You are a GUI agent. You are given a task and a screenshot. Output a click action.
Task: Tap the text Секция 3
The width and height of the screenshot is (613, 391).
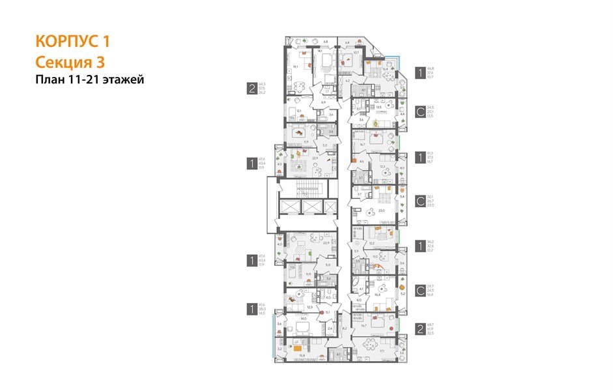point(70,62)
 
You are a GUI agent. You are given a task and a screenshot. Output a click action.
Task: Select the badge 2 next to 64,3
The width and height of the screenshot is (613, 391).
point(251,89)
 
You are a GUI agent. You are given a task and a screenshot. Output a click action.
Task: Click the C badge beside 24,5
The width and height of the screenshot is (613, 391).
point(421,112)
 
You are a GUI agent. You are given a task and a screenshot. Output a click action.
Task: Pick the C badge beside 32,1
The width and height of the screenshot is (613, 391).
point(421,201)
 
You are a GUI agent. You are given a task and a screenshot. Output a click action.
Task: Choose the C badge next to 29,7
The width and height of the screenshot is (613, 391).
point(421,289)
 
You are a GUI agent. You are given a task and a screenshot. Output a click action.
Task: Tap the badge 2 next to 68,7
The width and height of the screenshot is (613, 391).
point(421,329)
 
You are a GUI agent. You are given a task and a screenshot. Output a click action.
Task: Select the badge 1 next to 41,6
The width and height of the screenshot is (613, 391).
point(251,308)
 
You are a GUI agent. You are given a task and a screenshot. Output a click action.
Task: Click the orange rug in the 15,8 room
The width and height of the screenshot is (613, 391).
point(297,348)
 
